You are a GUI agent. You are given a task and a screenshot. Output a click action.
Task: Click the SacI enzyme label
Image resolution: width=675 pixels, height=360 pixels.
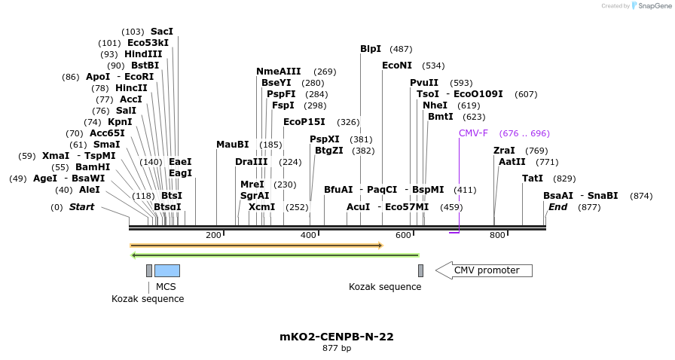(x=162, y=32)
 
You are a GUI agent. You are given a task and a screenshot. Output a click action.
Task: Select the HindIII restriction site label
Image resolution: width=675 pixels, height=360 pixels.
(x=143, y=54)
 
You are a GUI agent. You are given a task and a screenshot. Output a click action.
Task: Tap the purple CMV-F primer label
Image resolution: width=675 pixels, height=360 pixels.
(x=473, y=133)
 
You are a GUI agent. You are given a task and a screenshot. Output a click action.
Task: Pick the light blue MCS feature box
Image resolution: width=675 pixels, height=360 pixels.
(x=166, y=270)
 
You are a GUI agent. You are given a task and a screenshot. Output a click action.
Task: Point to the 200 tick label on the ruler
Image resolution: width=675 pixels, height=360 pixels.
(x=213, y=235)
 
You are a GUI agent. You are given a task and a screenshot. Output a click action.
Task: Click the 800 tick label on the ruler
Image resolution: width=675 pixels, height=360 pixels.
(x=497, y=235)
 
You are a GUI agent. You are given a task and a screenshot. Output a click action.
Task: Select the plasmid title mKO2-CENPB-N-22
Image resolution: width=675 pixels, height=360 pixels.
(x=337, y=337)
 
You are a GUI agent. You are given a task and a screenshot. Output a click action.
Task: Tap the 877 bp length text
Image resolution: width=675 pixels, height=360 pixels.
(x=337, y=348)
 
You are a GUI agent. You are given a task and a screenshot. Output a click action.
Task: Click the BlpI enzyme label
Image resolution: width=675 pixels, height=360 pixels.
(x=371, y=49)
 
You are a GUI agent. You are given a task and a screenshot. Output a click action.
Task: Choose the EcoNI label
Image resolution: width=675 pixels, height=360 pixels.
(x=397, y=66)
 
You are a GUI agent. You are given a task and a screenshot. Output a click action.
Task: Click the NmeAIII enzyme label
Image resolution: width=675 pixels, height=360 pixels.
(x=278, y=72)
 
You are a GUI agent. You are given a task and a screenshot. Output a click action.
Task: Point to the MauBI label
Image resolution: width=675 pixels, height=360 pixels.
(x=232, y=145)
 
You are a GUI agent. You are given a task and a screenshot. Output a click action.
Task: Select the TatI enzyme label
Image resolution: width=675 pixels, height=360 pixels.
(x=533, y=178)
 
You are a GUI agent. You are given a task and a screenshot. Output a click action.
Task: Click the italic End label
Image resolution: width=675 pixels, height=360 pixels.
(x=557, y=206)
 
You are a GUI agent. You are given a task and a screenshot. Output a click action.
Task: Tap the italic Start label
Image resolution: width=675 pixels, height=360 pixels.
(x=82, y=207)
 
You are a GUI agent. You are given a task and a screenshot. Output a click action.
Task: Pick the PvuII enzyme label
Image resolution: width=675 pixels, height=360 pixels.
(x=424, y=83)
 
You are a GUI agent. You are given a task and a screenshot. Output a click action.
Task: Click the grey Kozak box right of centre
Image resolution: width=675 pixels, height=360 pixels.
(x=420, y=270)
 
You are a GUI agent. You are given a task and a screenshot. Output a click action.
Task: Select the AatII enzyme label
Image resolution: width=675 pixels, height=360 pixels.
(x=512, y=162)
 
